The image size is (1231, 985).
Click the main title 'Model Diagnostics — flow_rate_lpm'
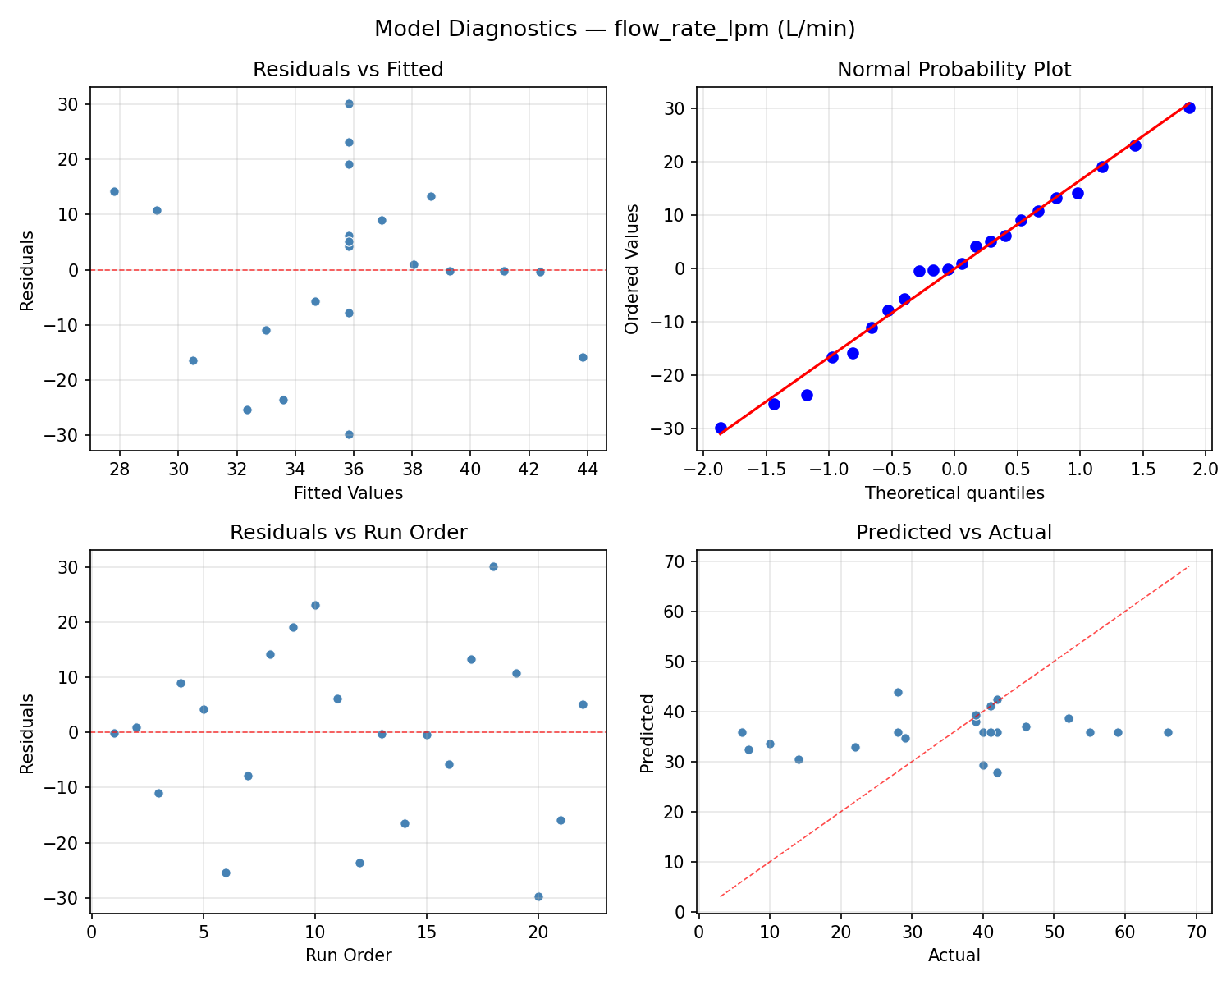tap(615, 30)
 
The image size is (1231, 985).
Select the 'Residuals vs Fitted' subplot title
tap(348, 70)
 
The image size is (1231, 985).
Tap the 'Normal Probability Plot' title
tap(954, 70)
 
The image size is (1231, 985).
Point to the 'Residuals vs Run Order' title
tap(348, 533)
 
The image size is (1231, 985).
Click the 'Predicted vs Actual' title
tap(954, 533)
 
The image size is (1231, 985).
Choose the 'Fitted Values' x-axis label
tap(348, 493)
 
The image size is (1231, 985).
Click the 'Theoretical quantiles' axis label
tap(954, 493)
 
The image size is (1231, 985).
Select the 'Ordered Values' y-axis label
tap(631, 268)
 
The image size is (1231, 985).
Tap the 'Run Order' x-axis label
tap(348, 955)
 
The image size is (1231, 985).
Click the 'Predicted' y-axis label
tap(648, 733)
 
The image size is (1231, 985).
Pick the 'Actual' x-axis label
tap(954, 955)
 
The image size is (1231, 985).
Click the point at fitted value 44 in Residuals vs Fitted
tap(583, 357)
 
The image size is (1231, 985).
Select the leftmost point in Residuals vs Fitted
tap(114, 191)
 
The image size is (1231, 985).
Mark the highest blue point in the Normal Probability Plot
tap(1189, 108)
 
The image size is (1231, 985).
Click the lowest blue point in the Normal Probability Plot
tap(721, 428)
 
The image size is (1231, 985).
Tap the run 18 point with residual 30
tap(493, 566)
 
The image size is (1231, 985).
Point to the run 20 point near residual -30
tap(538, 896)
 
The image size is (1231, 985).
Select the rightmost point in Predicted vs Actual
tap(1168, 732)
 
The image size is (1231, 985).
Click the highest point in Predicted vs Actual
tap(898, 692)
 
